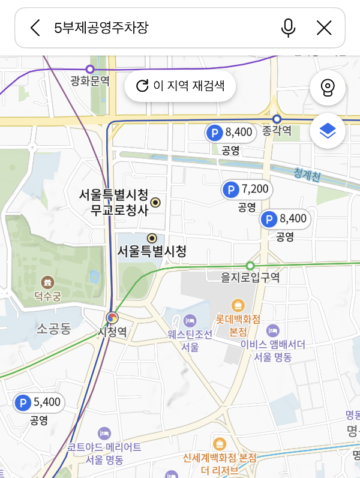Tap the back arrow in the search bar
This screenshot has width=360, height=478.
pyautogui.click(x=35, y=28)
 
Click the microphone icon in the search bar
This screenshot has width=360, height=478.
pyautogui.click(x=289, y=28)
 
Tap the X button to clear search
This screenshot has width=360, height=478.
pyautogui.click(x=324, y=28)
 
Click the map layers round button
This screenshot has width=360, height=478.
pyautogui.click(x=328, y=131)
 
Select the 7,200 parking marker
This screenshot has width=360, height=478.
pyautogui.click(x=247, y=190)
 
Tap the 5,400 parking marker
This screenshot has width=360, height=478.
pyautogui.click(x=39, y=402)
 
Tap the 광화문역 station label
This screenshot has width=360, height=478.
pyautogui.click(x=90, y=81)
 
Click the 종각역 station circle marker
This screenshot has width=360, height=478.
pyautogui.click(x=277, y=119)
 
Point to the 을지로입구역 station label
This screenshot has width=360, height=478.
pyautogui.click(x=250, y=278)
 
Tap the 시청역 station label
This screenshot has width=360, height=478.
pyautogui.click(x=112, y=332)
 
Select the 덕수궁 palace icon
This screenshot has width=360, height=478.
pyautogui.click(x=47, y=282)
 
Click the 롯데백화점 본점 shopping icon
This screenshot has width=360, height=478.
pyautogui.click(x=238, y=305)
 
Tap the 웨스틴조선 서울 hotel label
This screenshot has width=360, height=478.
pyautogui.click(x=190, y=340)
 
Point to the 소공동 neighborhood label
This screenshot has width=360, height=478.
pyautogui.click(x=54, y=328)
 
